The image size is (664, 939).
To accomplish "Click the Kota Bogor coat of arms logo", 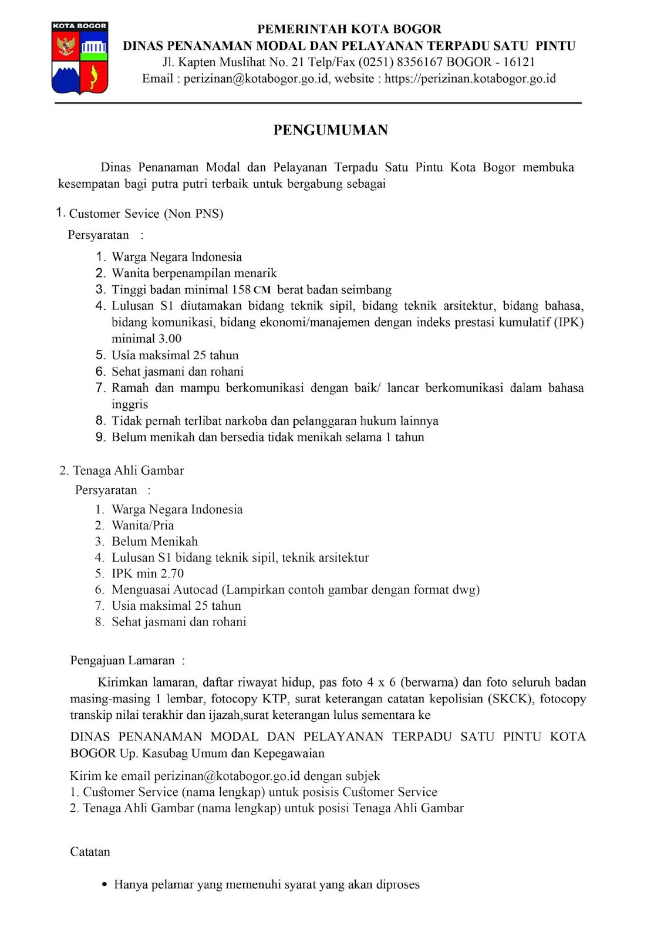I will tap(80, 58).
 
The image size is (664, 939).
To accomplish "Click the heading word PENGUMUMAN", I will tap(331, 130).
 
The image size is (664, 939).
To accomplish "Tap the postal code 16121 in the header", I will tap(519, 62).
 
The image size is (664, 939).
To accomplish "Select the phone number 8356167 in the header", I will tap(419, 62).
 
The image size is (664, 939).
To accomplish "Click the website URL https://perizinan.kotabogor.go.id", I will tap(470, 79).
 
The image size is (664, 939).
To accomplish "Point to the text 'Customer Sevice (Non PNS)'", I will tap(146, 214).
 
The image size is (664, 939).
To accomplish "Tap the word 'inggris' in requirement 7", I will tap(130, 404).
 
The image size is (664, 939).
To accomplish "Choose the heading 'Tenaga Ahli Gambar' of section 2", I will tap(128, 471).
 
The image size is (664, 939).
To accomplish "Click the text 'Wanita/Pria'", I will tap(143, 525).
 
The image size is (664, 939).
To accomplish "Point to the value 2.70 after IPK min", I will tap(172, 573).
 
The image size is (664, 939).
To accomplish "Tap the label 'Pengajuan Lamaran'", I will tap(122, 661).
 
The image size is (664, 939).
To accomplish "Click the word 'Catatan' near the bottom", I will tap(90, 852).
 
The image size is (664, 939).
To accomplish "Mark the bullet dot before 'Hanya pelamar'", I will tap(105, 884).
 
